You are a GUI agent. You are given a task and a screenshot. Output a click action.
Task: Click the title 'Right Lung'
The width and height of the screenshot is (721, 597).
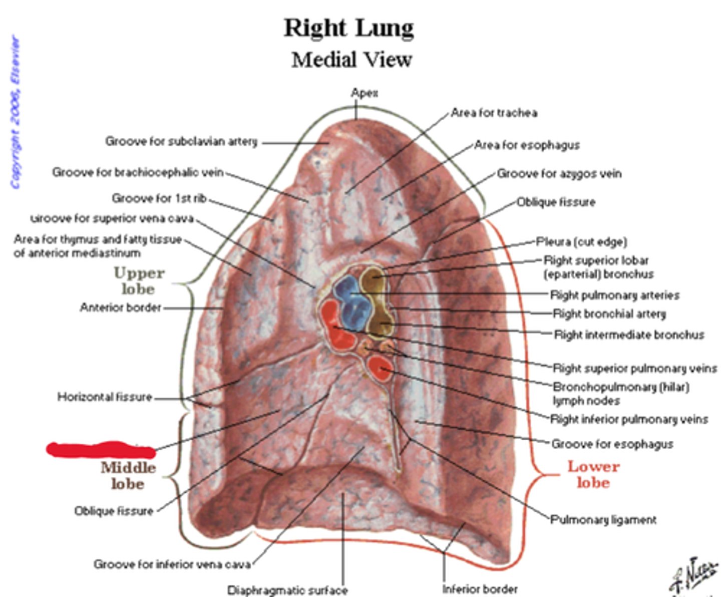coord(349,28)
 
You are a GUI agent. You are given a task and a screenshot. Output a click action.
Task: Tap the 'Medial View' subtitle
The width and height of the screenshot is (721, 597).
coord(351,60)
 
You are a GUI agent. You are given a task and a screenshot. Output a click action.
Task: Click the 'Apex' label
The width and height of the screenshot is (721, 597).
coord(364,93)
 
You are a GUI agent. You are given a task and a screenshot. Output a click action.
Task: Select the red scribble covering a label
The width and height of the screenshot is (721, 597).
coord(100,449)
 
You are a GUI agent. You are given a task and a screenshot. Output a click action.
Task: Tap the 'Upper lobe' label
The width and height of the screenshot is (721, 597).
coord(138,281)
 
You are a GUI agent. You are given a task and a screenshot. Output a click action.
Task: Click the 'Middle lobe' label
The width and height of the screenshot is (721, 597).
coord(128,475)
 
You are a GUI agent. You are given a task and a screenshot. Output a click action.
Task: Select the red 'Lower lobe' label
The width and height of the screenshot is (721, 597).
coord(593,474)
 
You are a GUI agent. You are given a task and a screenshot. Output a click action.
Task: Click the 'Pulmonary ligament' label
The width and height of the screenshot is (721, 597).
coord(603,520)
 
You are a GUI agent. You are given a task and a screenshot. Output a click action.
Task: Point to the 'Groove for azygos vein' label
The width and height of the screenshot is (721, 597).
coord(559,174)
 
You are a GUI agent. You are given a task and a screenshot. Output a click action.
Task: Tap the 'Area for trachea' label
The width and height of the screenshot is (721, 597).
coord(494,113)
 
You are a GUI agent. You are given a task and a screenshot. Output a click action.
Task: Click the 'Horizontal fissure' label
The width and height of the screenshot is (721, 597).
coord(105,397)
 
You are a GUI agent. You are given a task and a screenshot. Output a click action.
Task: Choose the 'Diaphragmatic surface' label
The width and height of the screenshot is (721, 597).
coord(287,590)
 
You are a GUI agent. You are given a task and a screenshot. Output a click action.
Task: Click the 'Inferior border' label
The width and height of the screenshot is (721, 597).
coord(480,589)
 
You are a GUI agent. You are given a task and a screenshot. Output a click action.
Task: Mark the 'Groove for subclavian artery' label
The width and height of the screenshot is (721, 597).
coord(181,142)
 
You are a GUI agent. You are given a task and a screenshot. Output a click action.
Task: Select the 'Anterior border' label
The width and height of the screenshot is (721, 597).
coord(121,308)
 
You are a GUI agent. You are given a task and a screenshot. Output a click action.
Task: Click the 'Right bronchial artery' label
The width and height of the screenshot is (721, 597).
coord(609,314)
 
